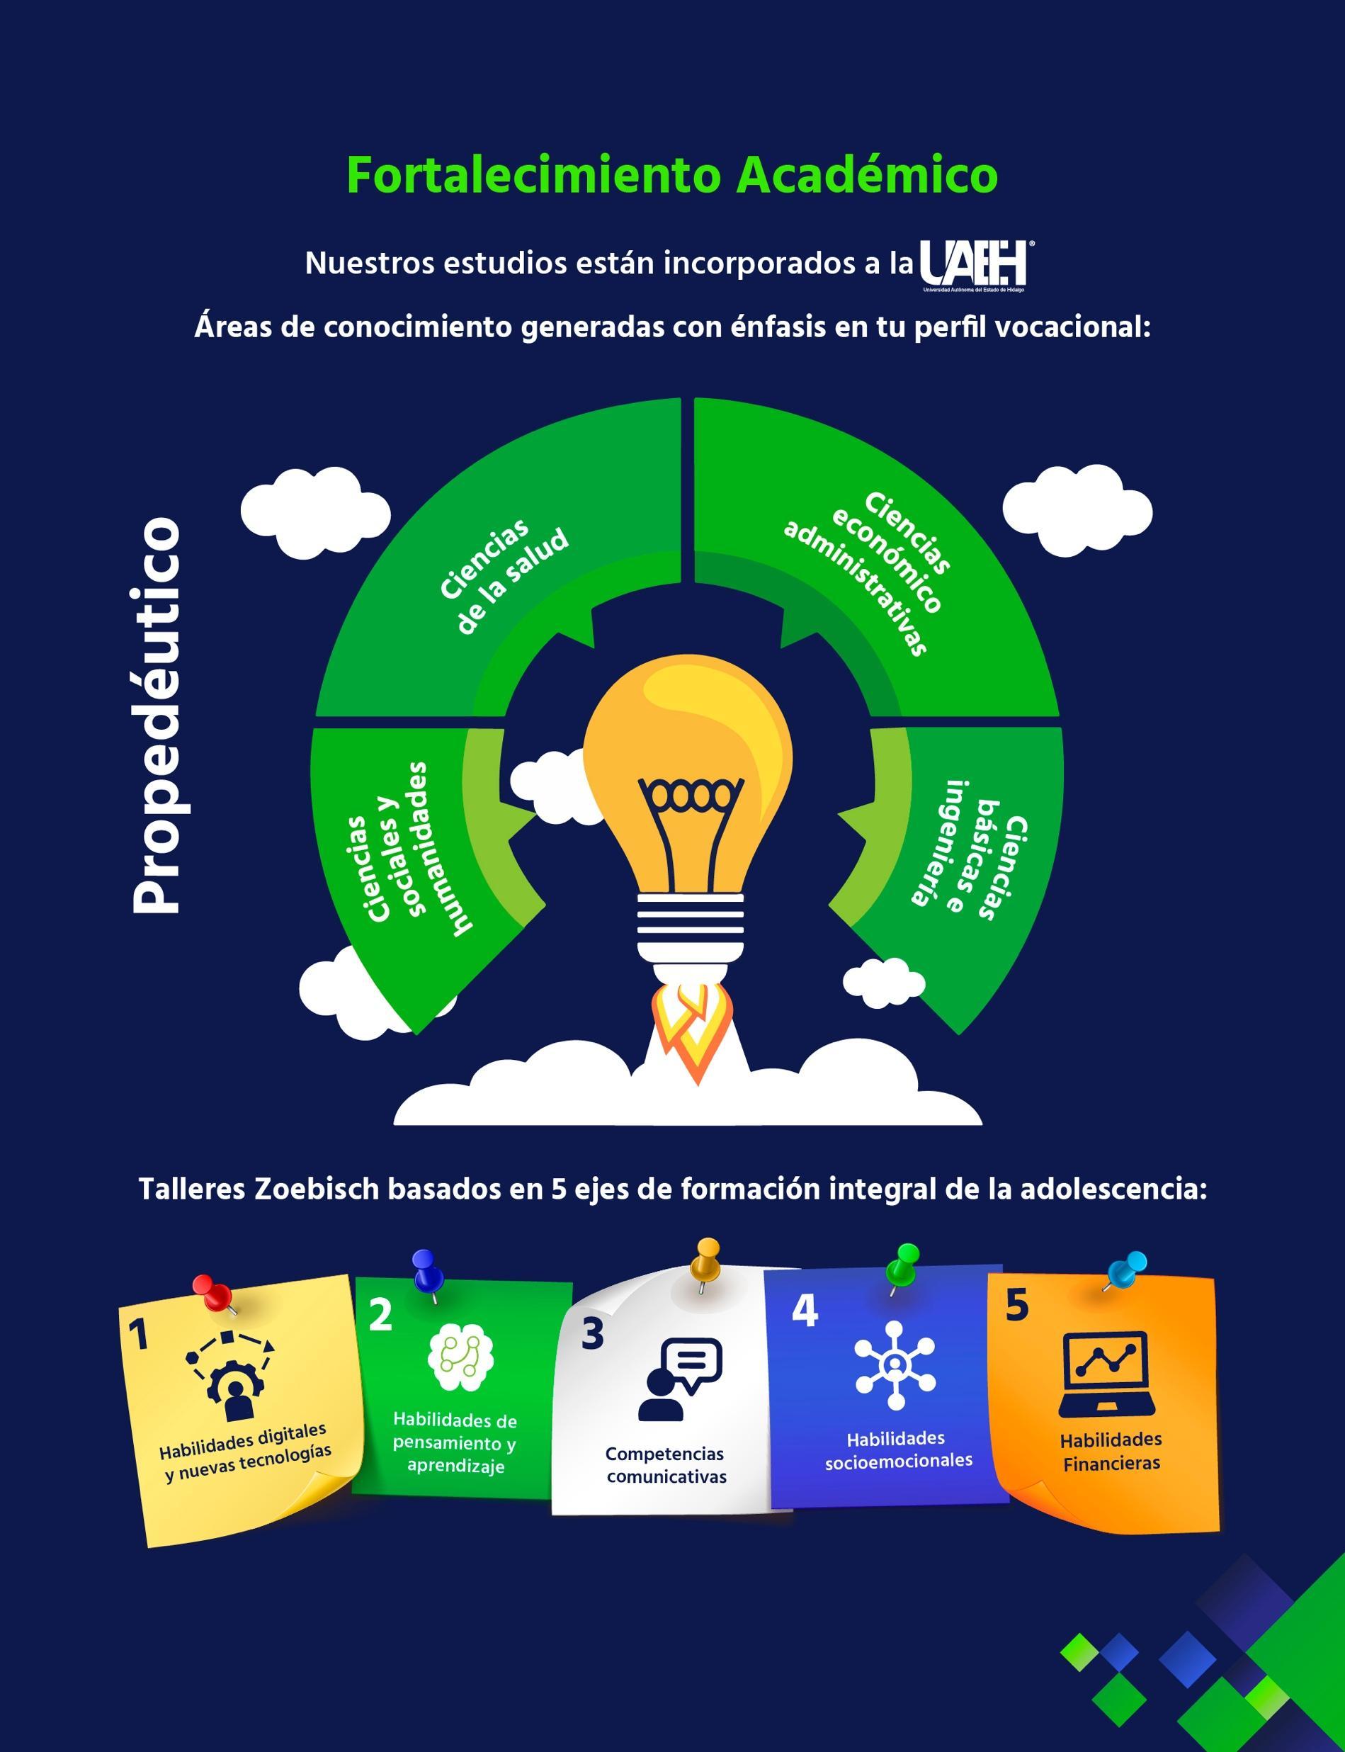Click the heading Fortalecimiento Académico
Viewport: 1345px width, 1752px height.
coord(671,176)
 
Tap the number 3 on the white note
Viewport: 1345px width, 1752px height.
coord(592,1334)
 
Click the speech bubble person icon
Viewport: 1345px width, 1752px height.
coord(680,1379)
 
